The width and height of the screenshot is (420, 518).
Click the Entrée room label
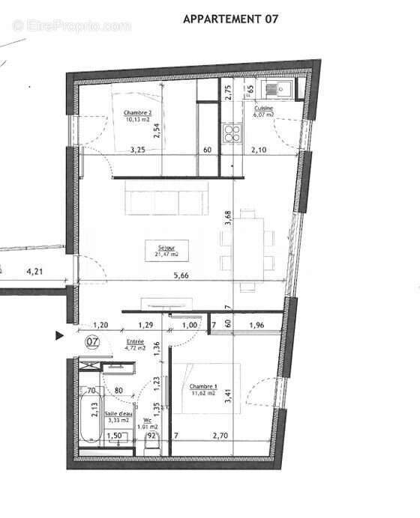(135, 344)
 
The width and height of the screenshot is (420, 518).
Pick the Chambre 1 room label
(202, 389)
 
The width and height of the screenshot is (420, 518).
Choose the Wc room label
(153, 424)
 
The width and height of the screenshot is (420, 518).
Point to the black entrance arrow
(60, 336)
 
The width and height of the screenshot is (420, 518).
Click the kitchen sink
(286, 88)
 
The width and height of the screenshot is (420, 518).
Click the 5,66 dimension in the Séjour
(181, 275)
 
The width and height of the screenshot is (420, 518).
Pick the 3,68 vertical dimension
(228, 219)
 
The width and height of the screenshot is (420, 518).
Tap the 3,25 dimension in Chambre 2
(137, 149)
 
